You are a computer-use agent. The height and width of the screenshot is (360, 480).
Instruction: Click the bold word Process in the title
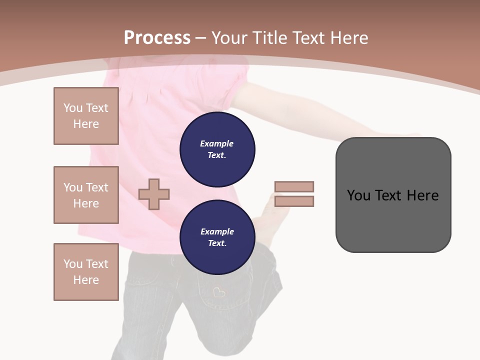[x=157, y=38]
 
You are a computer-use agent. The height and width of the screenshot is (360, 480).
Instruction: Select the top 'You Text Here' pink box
[x=86, y=116]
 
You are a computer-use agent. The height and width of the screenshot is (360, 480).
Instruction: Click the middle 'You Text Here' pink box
[x=86, y=195]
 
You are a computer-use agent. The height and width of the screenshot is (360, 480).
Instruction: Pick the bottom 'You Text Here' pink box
[x=86, y=271]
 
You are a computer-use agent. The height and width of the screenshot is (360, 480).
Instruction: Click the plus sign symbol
[x=154, y=194]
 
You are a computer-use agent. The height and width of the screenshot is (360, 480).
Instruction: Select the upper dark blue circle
[x=217, y=149]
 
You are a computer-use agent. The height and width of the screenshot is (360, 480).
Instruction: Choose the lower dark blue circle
[x=217, y=237]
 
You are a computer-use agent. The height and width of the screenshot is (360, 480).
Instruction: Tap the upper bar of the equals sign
[x=294, y=186]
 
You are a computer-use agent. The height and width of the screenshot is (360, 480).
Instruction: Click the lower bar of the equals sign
[x=294, y=201]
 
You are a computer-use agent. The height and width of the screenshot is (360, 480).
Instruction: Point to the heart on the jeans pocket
[x=218, y=292]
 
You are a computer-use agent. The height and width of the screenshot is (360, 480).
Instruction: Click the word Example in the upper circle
[x=217, y=143]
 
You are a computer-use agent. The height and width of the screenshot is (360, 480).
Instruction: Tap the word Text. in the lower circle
[x=217, y=243]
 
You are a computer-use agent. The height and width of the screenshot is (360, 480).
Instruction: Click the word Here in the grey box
[x=422, y=195]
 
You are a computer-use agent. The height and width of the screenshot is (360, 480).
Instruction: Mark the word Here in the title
[x=349, y=38]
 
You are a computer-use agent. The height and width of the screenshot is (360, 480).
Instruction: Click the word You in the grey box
[x=358, y=195]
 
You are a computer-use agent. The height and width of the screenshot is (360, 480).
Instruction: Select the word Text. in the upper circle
[x=217, y=155]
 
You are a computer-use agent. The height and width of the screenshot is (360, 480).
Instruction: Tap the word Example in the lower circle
[x=217, y=231]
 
